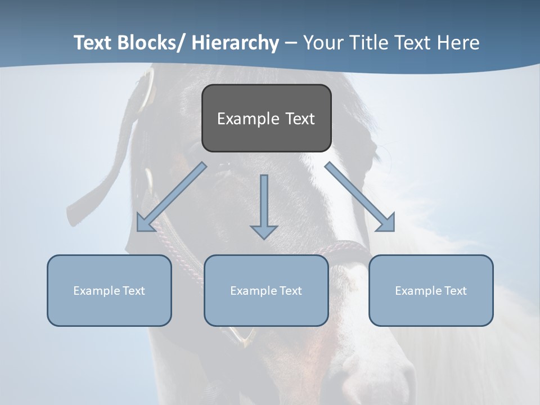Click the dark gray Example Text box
(x=266, y=118)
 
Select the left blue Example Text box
(x=109, y=290)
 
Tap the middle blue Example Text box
(x=266, y=290)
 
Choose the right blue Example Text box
(x=431, y=290)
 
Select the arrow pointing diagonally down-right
(x=360, y=197)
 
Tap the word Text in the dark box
(x=300, y=119)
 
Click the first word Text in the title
(x=93, y=43)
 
